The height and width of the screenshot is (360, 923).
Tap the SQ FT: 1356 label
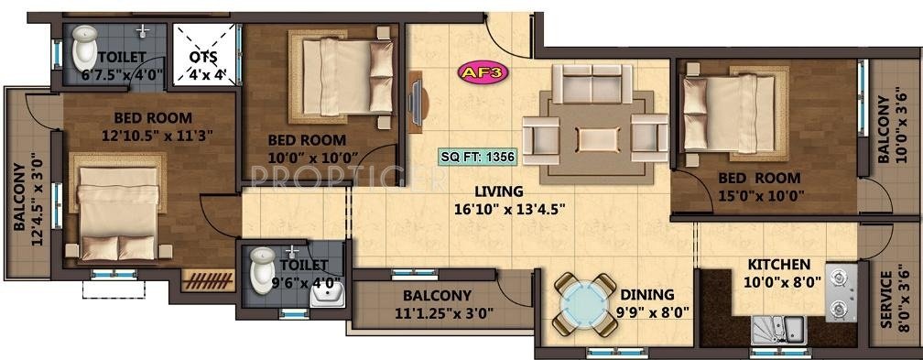click(477, 156)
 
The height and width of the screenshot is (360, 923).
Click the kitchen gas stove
click(840, 291)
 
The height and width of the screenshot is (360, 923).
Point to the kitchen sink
click(777, 328)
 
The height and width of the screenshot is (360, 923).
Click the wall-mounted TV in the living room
click(417, 103)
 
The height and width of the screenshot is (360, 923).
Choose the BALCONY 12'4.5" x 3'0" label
click(26, 210)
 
